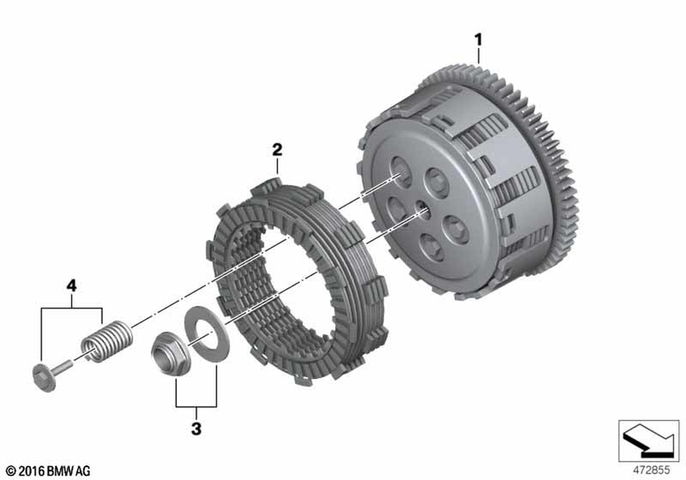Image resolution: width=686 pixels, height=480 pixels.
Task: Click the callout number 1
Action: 479,40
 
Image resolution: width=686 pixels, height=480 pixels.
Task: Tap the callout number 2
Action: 277,149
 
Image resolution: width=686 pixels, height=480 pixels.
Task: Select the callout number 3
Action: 196,429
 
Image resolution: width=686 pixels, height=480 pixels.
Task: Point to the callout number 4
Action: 71,286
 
